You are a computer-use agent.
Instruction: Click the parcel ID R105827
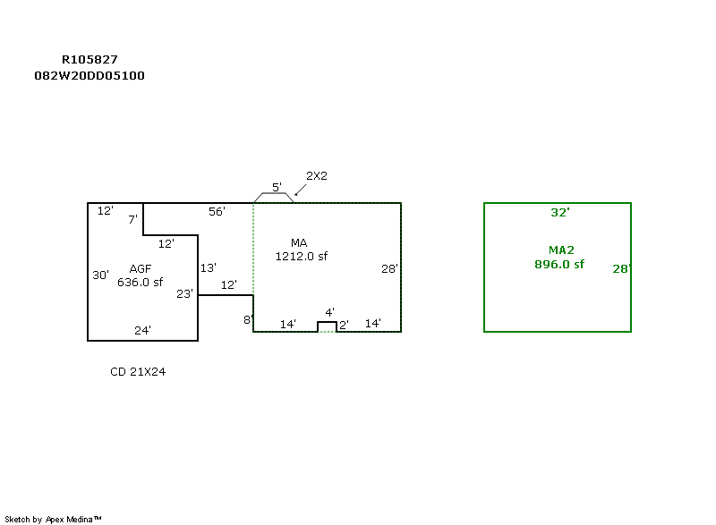pos(89,60)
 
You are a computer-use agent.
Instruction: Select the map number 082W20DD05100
pos(89,76)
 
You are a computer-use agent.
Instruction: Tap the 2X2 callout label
pos(317,175)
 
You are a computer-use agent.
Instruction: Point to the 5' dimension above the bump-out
pos(277,188)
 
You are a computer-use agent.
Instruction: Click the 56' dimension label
pos(217,211)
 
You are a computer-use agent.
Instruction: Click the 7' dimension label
pos(132,219)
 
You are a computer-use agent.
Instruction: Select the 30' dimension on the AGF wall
pos(100,275)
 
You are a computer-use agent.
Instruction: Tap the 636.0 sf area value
pos(141,282)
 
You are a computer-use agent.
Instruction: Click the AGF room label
pos(141,268)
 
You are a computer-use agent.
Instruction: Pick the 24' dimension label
pos(142,330)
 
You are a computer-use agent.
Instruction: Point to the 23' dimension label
pos(184,293)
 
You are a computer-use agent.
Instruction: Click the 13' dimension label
pos(209,267)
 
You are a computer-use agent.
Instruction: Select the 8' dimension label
pos(248,319)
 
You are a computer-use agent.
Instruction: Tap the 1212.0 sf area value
pos(302,257)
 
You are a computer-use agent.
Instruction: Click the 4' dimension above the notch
pos(329,312)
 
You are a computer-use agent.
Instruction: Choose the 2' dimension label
pos(343,324)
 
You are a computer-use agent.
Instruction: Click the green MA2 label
pos(560,250)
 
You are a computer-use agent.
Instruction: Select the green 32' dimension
pos(560,213)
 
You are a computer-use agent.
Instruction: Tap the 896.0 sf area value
pos(559,264)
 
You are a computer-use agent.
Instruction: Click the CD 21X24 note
pos(138,372)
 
